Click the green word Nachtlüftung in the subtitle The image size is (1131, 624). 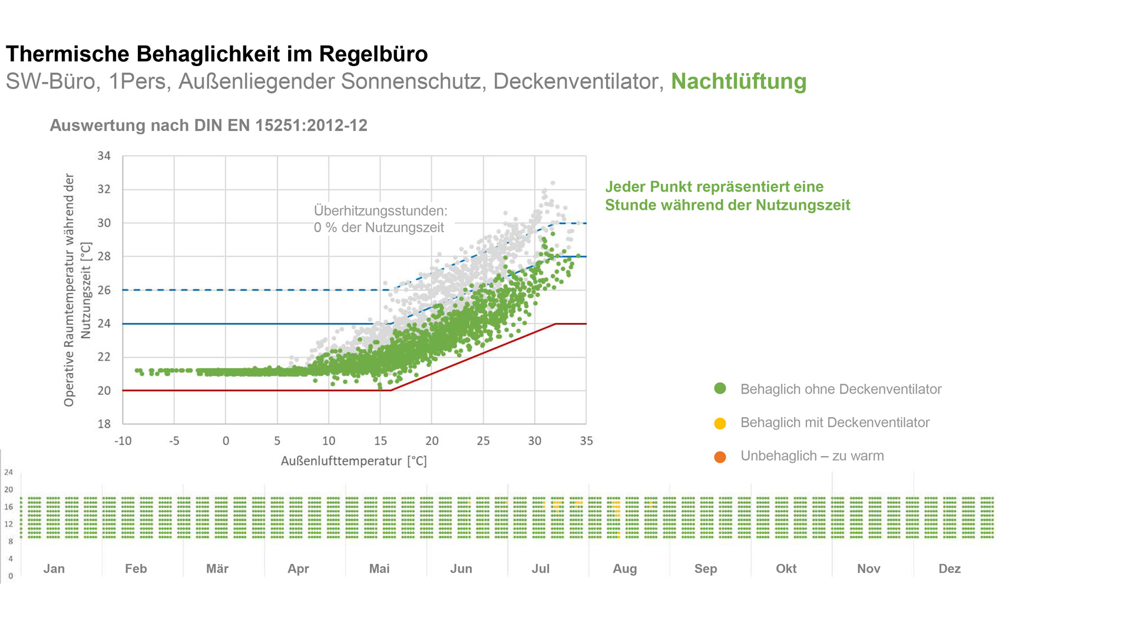[x=738, y=81]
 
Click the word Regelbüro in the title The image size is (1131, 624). [x=373, y=54]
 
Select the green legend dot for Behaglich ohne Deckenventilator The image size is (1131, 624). [x=720, y=388]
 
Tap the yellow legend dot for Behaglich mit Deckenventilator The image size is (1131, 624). [x=720, y=423]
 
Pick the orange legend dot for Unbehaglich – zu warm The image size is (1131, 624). [x=720, y=457]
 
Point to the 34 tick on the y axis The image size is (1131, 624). [x=104, y=156]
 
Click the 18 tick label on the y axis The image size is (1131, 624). [x=104, y=424]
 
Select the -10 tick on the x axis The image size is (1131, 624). [x=123, y=441]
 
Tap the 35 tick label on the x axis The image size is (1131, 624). [x=586, y=441]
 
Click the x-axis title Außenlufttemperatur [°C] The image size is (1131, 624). [x=353, y=461]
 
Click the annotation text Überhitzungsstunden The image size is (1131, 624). [x=380, y=210]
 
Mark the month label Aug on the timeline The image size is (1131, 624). [x=624, y=569]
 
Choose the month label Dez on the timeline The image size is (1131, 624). [x=949, y=569]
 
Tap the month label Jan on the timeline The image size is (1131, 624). [x=54, y=569]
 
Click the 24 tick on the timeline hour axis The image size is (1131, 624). [x=8, y=472]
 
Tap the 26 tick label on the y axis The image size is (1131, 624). [x=104, y=290]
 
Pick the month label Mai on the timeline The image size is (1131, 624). [x=379, y=569]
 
